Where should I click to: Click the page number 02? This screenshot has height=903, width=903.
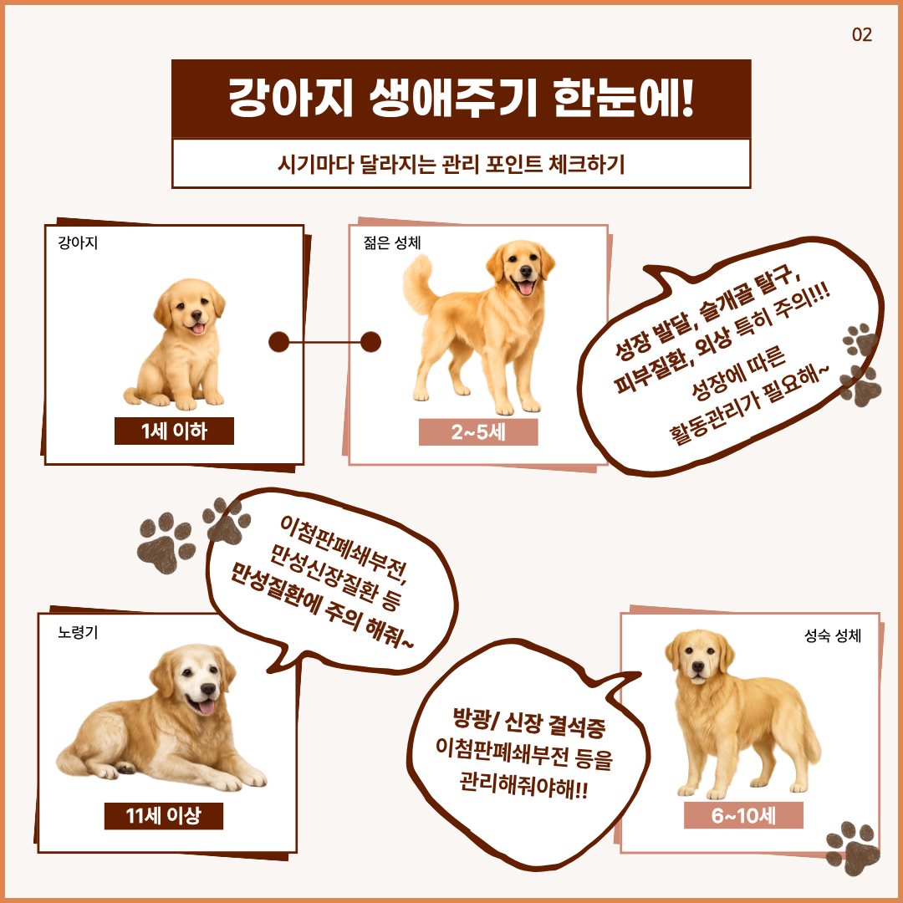[x=861, y=34]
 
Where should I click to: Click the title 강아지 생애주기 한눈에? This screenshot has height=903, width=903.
[x=461, y=98]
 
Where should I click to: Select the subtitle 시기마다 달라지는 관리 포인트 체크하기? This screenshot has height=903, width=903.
[x=451, y=164]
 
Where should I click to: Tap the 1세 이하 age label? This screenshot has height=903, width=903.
[x=174, y=431]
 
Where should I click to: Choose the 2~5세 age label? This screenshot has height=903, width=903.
[x=478, y=432]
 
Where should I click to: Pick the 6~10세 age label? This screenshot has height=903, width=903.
[x=743, y=815]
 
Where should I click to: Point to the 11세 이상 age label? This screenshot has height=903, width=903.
[x=164, y=815]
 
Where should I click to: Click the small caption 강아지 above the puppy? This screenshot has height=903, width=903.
[x=78, y=242]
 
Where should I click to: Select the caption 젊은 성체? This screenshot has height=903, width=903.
[x=392, y=242]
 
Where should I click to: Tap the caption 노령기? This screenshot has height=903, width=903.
[x=78, y=632]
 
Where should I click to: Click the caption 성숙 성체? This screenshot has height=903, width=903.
[x=833, y=635]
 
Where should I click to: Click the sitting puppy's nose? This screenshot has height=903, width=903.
[x=196, y=315]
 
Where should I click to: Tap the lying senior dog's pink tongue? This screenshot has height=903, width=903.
[x=207, y=707]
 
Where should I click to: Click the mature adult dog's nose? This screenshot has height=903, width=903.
[x=698, y=666]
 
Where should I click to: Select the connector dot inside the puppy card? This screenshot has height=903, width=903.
[x=278, y=342]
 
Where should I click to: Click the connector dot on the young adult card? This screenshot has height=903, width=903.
[x=371, y=342]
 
